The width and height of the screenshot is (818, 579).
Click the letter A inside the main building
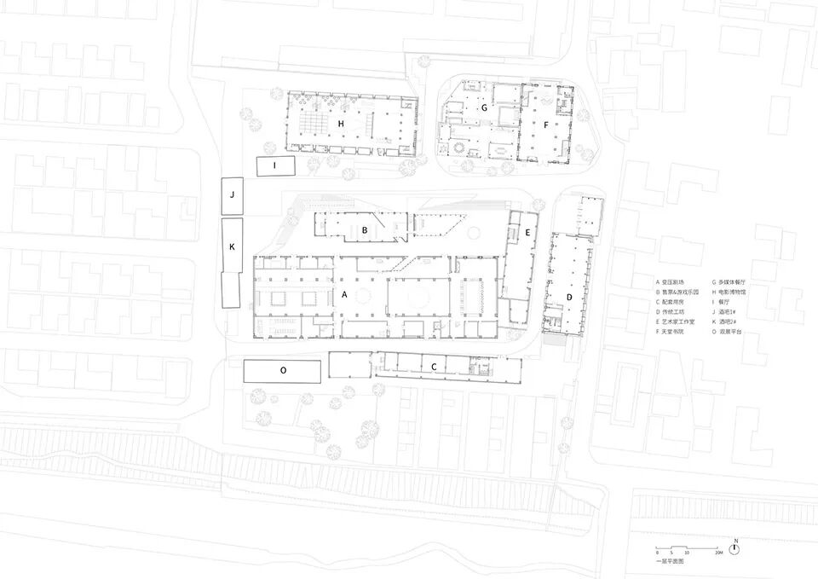click(x=345, y=293)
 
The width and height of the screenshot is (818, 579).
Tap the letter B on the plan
click(x=365, y=229)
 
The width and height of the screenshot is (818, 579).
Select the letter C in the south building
click(x=434, y=367)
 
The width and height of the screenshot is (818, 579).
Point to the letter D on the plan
click(x=569, y=296)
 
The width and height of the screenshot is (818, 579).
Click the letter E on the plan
click(x=527, y=232)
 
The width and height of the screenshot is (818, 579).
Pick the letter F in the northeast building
click(x=546, y=124)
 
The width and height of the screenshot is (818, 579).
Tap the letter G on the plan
click(x=484, y=108)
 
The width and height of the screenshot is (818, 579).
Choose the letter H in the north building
click(x=341, y=124)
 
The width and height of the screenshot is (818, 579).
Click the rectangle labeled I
click(x=275, y=165)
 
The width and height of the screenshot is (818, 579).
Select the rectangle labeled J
click(x=232, y=195)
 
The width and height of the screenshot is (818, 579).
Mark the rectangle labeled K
click(x=232, y=246)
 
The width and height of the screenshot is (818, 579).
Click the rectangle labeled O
click(x=282, y=370)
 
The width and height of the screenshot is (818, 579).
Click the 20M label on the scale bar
click(x=718, y=553)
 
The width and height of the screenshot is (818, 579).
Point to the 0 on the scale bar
click(x=656, y=553)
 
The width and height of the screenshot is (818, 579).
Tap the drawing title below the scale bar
click(x=671, y=562)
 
